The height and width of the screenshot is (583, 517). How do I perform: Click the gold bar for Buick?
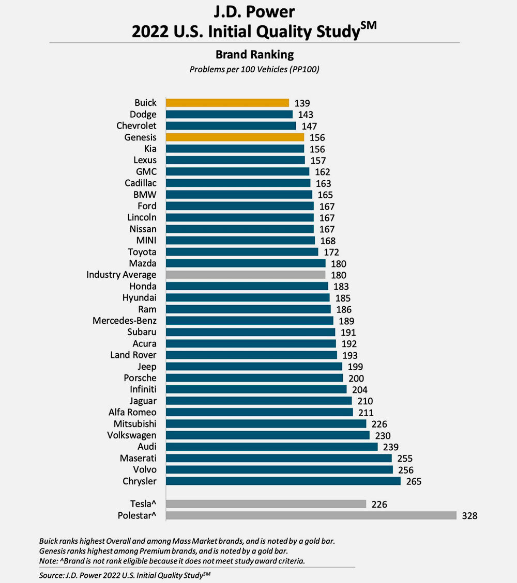point(227,103)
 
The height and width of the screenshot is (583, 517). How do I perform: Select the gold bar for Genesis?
point(235,137)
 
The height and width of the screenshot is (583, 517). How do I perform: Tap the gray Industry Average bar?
point(246,275)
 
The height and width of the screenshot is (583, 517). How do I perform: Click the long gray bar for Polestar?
point(311,515)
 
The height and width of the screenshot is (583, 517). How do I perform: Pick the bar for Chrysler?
point(283,481)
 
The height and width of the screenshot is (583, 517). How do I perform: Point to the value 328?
point(469,516)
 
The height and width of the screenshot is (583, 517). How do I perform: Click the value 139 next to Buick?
point(302,103)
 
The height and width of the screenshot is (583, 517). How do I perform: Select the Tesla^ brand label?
point(143,504)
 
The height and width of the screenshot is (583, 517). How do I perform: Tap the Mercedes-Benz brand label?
point(125,321)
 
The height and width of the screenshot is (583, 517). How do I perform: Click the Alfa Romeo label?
point(132,413)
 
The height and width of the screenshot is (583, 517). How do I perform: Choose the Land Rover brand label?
point(133,355)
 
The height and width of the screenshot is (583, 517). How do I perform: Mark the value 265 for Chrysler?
point(414,482)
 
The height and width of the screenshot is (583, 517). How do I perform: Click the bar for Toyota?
point(242,252)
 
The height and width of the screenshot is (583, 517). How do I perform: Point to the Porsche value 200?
point(356,379)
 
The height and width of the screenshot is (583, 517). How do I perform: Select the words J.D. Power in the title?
point(254,12)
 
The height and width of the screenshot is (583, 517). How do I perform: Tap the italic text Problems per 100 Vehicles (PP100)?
point(254,69)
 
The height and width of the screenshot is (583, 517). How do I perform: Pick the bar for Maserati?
point(279,458)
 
